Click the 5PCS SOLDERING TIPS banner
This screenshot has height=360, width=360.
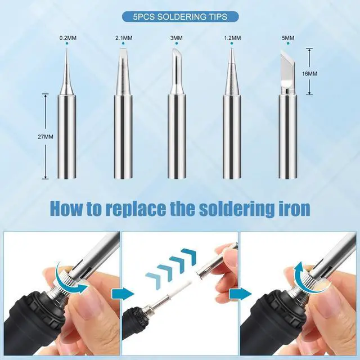180,17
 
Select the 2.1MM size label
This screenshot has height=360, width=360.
124,39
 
